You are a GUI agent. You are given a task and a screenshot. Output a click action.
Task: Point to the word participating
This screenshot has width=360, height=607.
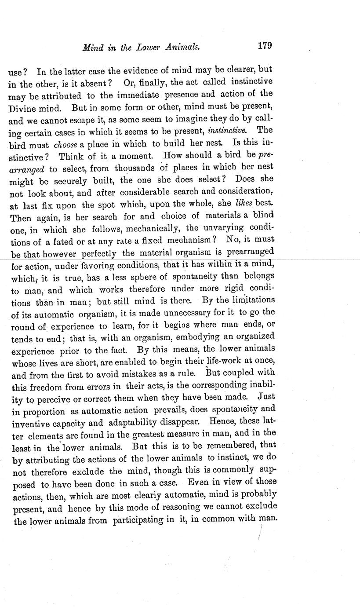coord(141,519)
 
